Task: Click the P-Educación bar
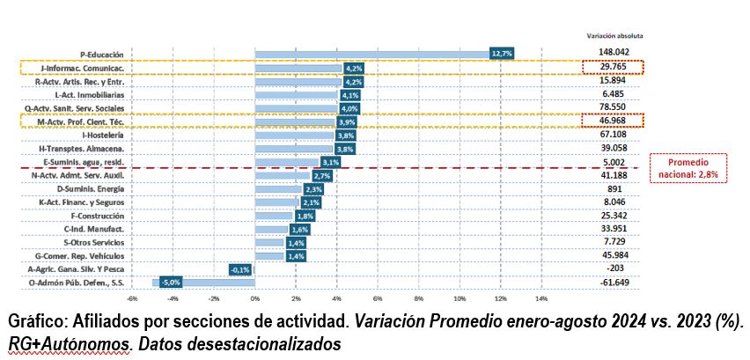(x=372, y=54)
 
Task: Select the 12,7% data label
(x=501, y=54)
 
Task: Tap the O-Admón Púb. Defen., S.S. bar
(x=203, y=283)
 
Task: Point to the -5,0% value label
(x=171, y=283)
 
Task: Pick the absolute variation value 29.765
(x=614, y=68)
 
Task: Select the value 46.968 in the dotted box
(x=614, y=121)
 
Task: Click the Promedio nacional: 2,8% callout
(x=687, y=168)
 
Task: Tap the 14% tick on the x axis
(x=541, y=299)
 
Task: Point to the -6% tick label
(x=131, y=299)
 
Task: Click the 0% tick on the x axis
(x=255, y=299)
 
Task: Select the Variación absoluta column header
(x=614, y=35)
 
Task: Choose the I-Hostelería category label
(x=103, y=136)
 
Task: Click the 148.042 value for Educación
(x=614, y=52)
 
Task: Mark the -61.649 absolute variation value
(x=614, y=283)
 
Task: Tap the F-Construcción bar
(x=274, y=216)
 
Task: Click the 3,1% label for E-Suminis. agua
(x=329, y=163)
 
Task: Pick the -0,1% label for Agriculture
(x=240, y=269)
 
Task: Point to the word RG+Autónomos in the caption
(x=69, y=342)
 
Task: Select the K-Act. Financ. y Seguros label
(x=82, y=202)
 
